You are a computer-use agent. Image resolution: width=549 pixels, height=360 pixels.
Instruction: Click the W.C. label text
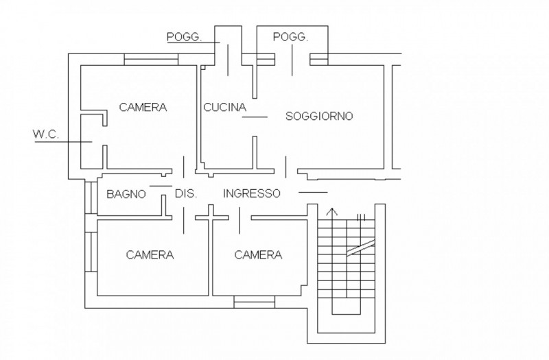pos(46,134)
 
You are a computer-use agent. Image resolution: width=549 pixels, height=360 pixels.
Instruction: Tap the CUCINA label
pos(225,107)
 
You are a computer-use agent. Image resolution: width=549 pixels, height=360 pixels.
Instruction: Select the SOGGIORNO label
pos(319,116)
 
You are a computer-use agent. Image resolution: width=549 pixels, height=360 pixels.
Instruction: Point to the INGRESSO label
pos(252,193)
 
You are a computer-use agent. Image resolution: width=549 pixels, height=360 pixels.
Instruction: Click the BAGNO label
pos(126,194)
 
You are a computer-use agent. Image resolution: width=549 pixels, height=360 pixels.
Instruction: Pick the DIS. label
pos(186,193)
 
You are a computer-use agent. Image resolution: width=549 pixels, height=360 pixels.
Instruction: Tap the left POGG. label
pos(184,37)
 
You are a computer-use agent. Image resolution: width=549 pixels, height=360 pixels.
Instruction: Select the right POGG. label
pos(290,36)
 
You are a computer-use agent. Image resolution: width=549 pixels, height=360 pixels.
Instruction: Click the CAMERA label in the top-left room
pos(143,107)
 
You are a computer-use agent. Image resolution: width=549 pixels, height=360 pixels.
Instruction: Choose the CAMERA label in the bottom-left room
pos(150,254)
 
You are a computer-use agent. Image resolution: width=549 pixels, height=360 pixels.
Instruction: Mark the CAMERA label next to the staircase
pos(258,254)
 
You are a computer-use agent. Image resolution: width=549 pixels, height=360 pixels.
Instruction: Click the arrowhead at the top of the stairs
pos(332,211)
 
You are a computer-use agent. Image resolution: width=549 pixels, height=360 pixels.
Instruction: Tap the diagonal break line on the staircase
pos(361,248)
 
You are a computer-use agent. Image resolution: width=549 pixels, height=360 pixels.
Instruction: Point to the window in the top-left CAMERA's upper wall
pos(151,60)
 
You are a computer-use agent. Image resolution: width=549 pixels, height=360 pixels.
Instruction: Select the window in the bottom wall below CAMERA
pos(254,302)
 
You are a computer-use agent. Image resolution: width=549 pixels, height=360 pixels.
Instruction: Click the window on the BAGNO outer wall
pos(91,197)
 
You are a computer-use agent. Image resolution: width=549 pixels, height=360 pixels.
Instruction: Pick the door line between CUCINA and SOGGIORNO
pos(255,117)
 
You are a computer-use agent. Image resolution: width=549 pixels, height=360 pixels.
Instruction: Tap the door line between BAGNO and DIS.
pos(161,186)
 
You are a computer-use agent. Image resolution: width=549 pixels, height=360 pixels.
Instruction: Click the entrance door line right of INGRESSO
pos(313,192)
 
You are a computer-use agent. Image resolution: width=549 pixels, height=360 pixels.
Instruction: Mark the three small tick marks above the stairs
pos(361,217)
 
